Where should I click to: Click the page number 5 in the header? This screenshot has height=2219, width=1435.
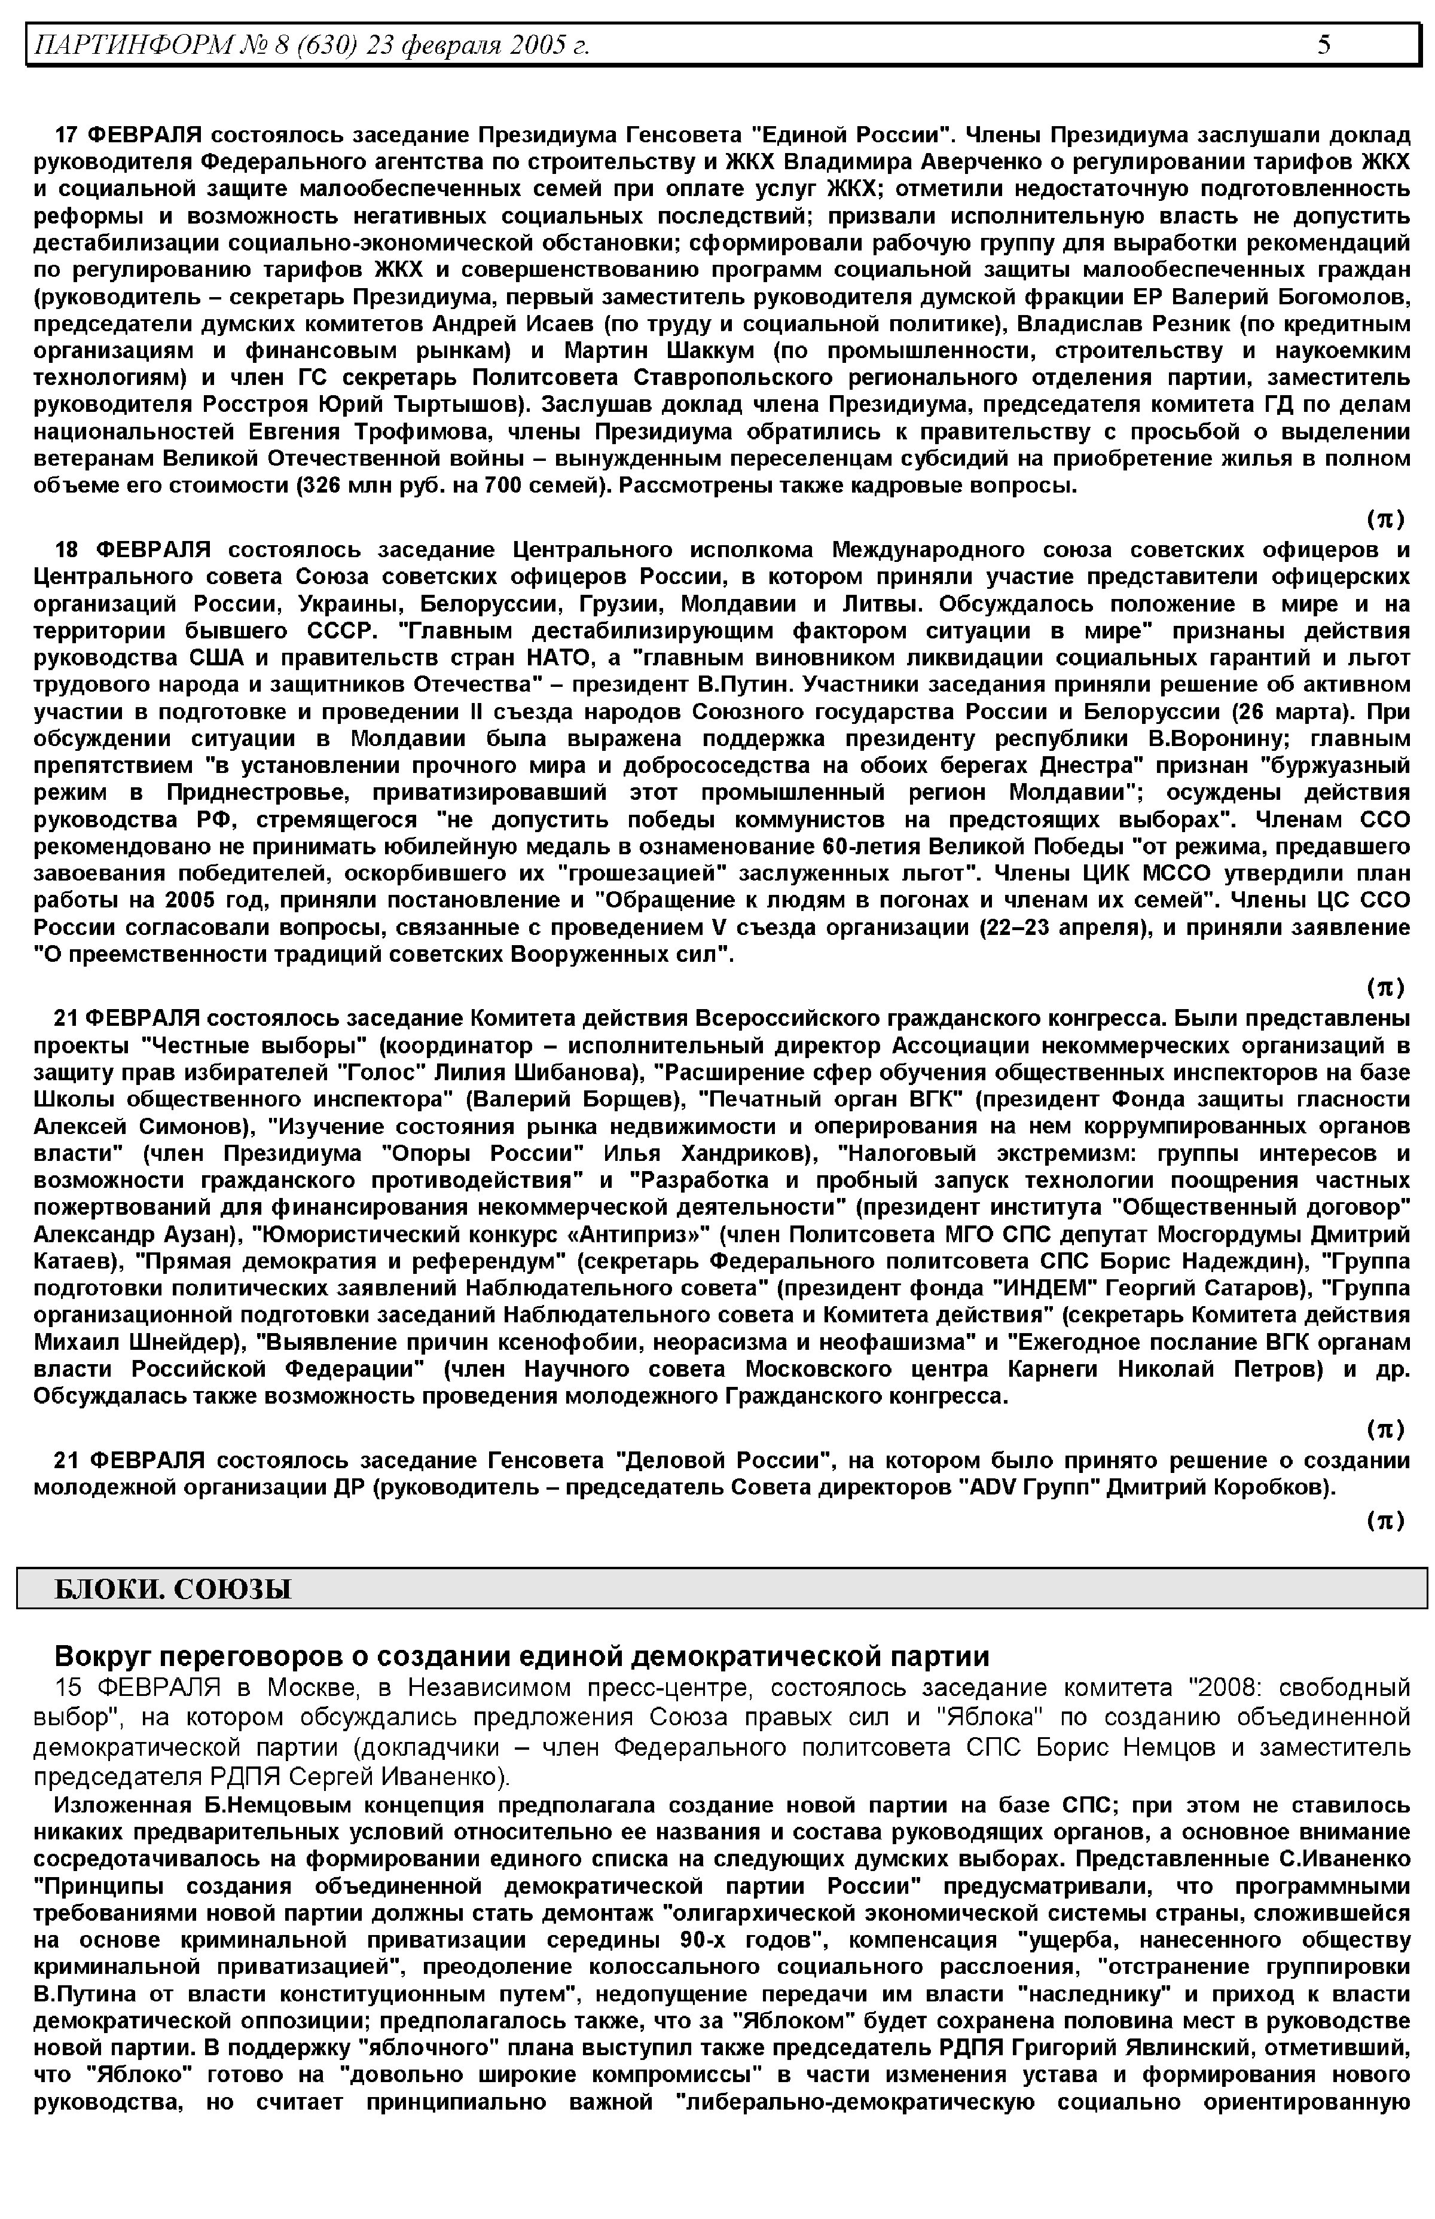point(1324,45)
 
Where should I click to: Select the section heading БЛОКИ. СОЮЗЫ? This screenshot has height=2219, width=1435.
point(173,1587)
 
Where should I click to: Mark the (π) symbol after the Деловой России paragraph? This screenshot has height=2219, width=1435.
point(1385,1521)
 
